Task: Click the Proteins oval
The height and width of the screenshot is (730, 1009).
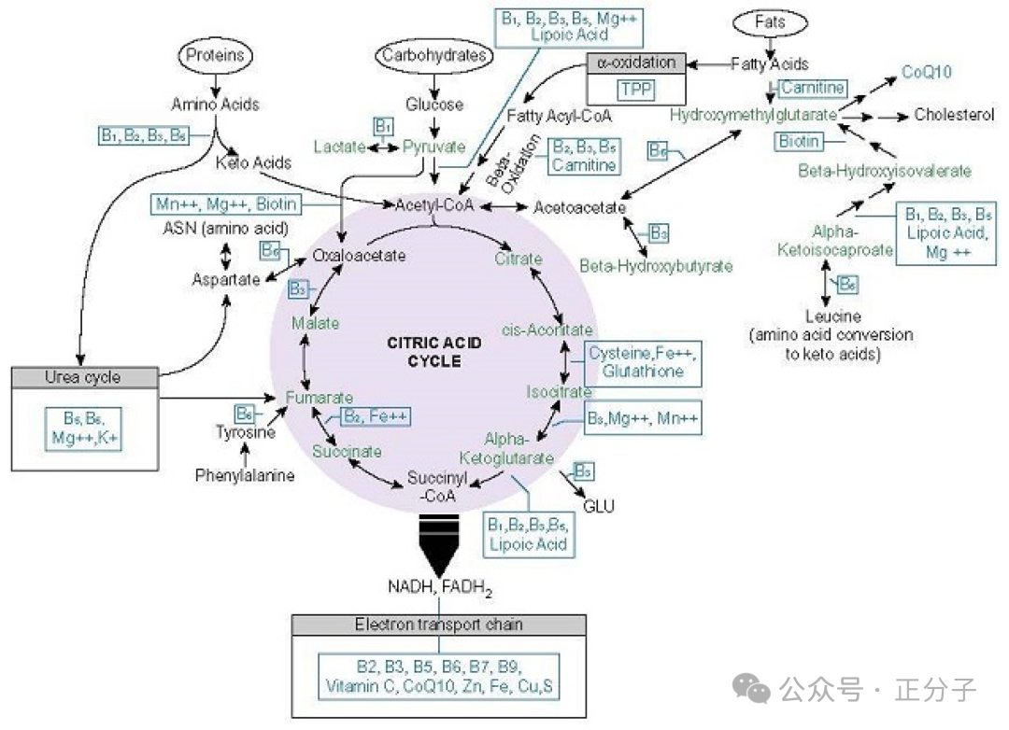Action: (216, 55)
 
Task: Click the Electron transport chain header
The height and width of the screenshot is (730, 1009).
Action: (439, 625)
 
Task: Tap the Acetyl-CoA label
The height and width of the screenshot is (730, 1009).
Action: (433, 204)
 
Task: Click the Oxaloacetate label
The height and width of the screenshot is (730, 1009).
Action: (359, 255)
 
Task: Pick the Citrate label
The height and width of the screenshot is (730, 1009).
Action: (519, 259)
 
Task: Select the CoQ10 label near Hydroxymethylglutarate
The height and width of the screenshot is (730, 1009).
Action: (926, 73)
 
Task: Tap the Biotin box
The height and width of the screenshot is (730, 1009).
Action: (799, 142)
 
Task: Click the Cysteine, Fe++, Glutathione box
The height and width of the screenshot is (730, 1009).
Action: (642, 362)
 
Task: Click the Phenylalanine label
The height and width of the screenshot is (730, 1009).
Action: (245, 475)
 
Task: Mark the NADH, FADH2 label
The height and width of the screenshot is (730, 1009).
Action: (439, 587)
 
